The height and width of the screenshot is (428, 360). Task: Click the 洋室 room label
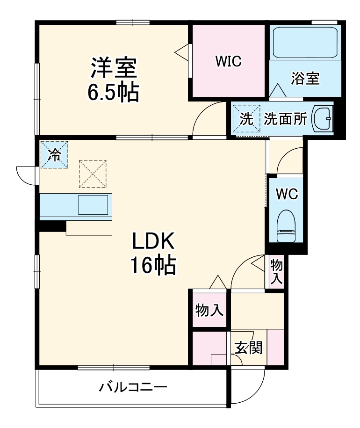[113, 68]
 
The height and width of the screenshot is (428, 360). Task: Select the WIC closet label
[228, 61]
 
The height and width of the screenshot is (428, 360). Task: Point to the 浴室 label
[305, 78]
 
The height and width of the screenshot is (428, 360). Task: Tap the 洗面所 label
[285, 119]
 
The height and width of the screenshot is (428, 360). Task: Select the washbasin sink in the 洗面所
[322, 118]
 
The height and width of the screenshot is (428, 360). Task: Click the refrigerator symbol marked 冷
[54, 155]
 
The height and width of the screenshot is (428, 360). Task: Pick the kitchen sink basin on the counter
[93, 205]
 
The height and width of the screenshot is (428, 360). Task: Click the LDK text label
[152, 242]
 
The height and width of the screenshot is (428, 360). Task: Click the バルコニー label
[133, 387]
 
